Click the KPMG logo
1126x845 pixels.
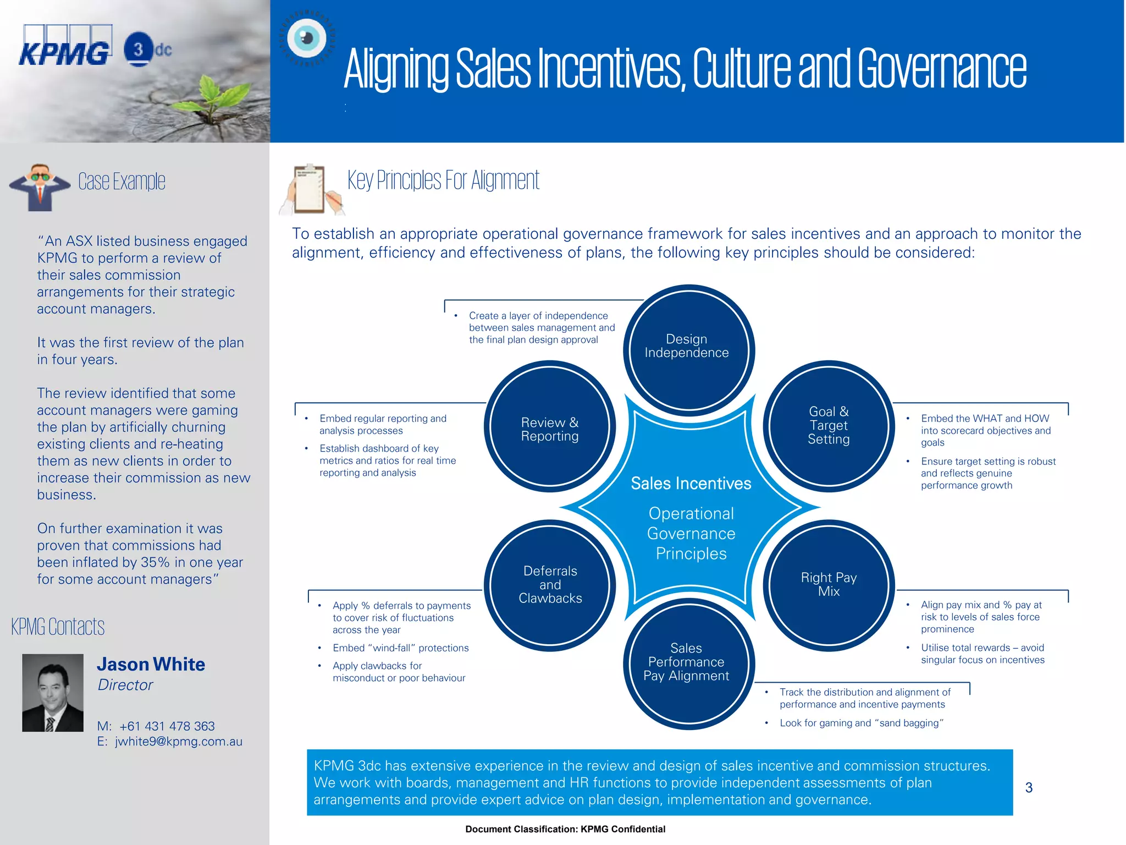click(65, 47)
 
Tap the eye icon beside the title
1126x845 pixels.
click(307, 39)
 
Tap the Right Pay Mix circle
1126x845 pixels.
click(829, 585)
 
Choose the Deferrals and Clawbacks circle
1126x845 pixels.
click(549, 585)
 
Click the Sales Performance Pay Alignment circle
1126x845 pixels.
click(687, 662)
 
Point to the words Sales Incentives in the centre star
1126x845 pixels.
click(691, 484)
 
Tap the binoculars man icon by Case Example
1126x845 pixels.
click(40, 187)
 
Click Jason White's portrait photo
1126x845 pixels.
click(53, 693)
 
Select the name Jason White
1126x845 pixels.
click(151, 665)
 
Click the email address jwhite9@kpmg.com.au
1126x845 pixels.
click(178, 742)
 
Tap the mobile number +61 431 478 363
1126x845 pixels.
click(167, 726)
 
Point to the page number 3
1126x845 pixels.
click(1029, 788)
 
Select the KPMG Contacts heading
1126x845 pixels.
click(58, 627)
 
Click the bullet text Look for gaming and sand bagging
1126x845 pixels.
click(861, 723)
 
